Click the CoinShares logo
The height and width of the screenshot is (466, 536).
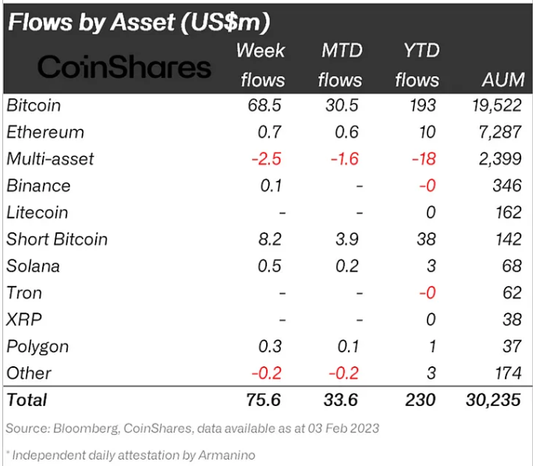coord(124,67)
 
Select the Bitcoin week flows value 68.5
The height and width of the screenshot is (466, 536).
coord(261,105)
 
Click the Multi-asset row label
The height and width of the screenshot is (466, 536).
coord(50,159)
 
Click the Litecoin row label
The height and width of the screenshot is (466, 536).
coord(37,213)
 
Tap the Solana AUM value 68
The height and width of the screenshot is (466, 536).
coord(511,267)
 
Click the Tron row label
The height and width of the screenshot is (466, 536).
coord(24,293)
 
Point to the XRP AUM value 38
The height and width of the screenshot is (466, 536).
coord(511,319)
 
